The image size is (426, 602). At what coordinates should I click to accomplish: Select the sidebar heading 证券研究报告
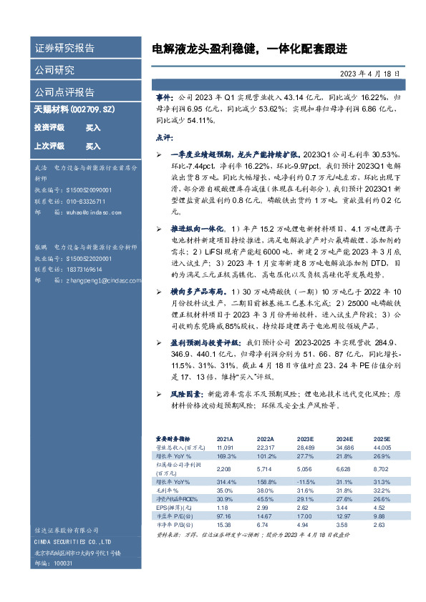point(64,49)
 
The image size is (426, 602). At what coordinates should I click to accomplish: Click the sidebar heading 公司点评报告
point(64,92)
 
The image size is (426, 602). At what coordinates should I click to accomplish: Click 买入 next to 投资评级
point(93,127)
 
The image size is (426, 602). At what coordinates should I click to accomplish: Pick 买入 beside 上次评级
point(93,146)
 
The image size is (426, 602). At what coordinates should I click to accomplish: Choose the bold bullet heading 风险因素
point(188,394)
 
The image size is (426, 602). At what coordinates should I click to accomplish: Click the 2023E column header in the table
point(305,439)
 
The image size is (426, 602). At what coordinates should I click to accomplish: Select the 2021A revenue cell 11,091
point(226,447)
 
